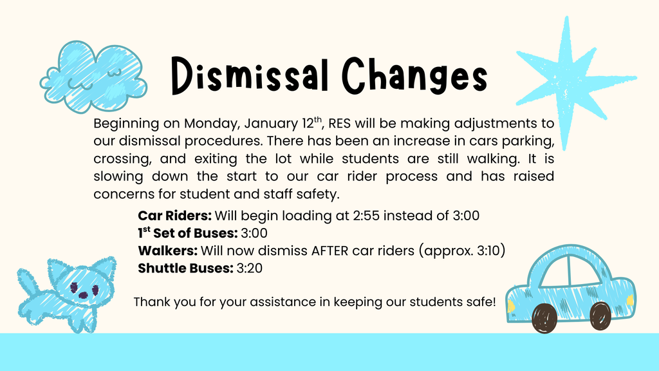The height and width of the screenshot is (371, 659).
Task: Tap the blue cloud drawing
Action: [95, 75]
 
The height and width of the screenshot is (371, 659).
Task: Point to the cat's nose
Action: [84, 295]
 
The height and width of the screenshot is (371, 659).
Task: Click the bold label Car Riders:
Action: [174, 216]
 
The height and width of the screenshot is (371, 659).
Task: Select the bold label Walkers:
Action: [168, 251]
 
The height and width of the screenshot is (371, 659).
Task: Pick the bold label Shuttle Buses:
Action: [185, 268]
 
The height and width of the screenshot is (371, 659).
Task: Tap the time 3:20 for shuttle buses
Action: [250, 268]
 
